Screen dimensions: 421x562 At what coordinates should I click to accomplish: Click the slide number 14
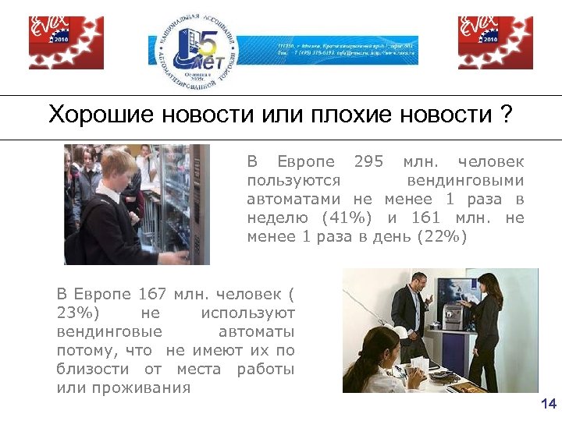click(548, 403)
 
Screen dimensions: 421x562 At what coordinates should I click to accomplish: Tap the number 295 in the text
click(368, 162)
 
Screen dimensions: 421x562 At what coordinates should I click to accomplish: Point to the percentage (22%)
click(442, 237)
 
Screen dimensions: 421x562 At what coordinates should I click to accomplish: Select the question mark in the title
click(507, 116)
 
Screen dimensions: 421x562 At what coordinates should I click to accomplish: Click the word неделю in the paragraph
click(274, 218)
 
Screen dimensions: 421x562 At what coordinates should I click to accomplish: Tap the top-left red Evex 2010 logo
click(66, 43)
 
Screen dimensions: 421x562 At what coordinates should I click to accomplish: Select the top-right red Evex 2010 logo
click(495, 43)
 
